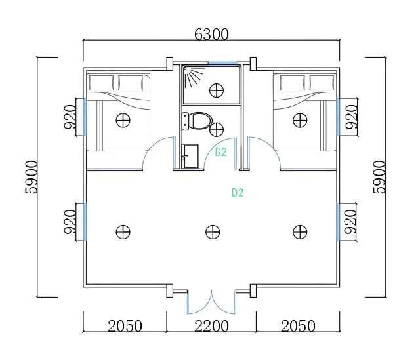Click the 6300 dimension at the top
[211, 34]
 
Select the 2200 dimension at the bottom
[211, 326]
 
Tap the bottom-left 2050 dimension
[125, 326]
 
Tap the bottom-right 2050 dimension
[298, 326]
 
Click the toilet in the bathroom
[198, 121]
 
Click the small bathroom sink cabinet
[189, 155]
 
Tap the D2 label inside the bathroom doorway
[221, 152]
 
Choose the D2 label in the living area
[238, 193]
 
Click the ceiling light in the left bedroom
[122, 120]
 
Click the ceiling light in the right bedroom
[300, 120]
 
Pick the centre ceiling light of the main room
[212, 231]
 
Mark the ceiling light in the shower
[217, 90]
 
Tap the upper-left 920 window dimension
[70, 117]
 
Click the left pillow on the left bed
[102, 83]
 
